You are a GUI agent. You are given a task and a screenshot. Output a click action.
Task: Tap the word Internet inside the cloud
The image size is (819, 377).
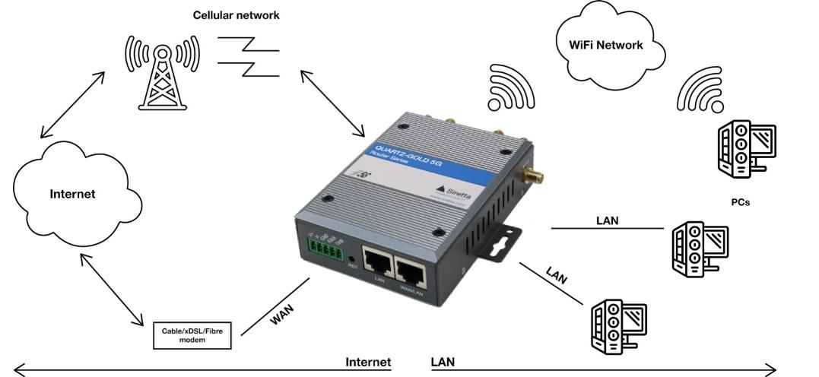[x=73, y=194]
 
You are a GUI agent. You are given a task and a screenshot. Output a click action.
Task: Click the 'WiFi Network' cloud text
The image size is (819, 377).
[x=606, y=45]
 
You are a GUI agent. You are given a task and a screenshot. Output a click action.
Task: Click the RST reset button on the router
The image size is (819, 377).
[x=351, y=259]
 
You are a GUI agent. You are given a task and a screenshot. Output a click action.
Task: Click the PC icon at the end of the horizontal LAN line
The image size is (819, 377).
[x=700, y=247]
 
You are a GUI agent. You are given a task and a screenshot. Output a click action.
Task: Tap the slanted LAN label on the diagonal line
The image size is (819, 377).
[x=557, y=274]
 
